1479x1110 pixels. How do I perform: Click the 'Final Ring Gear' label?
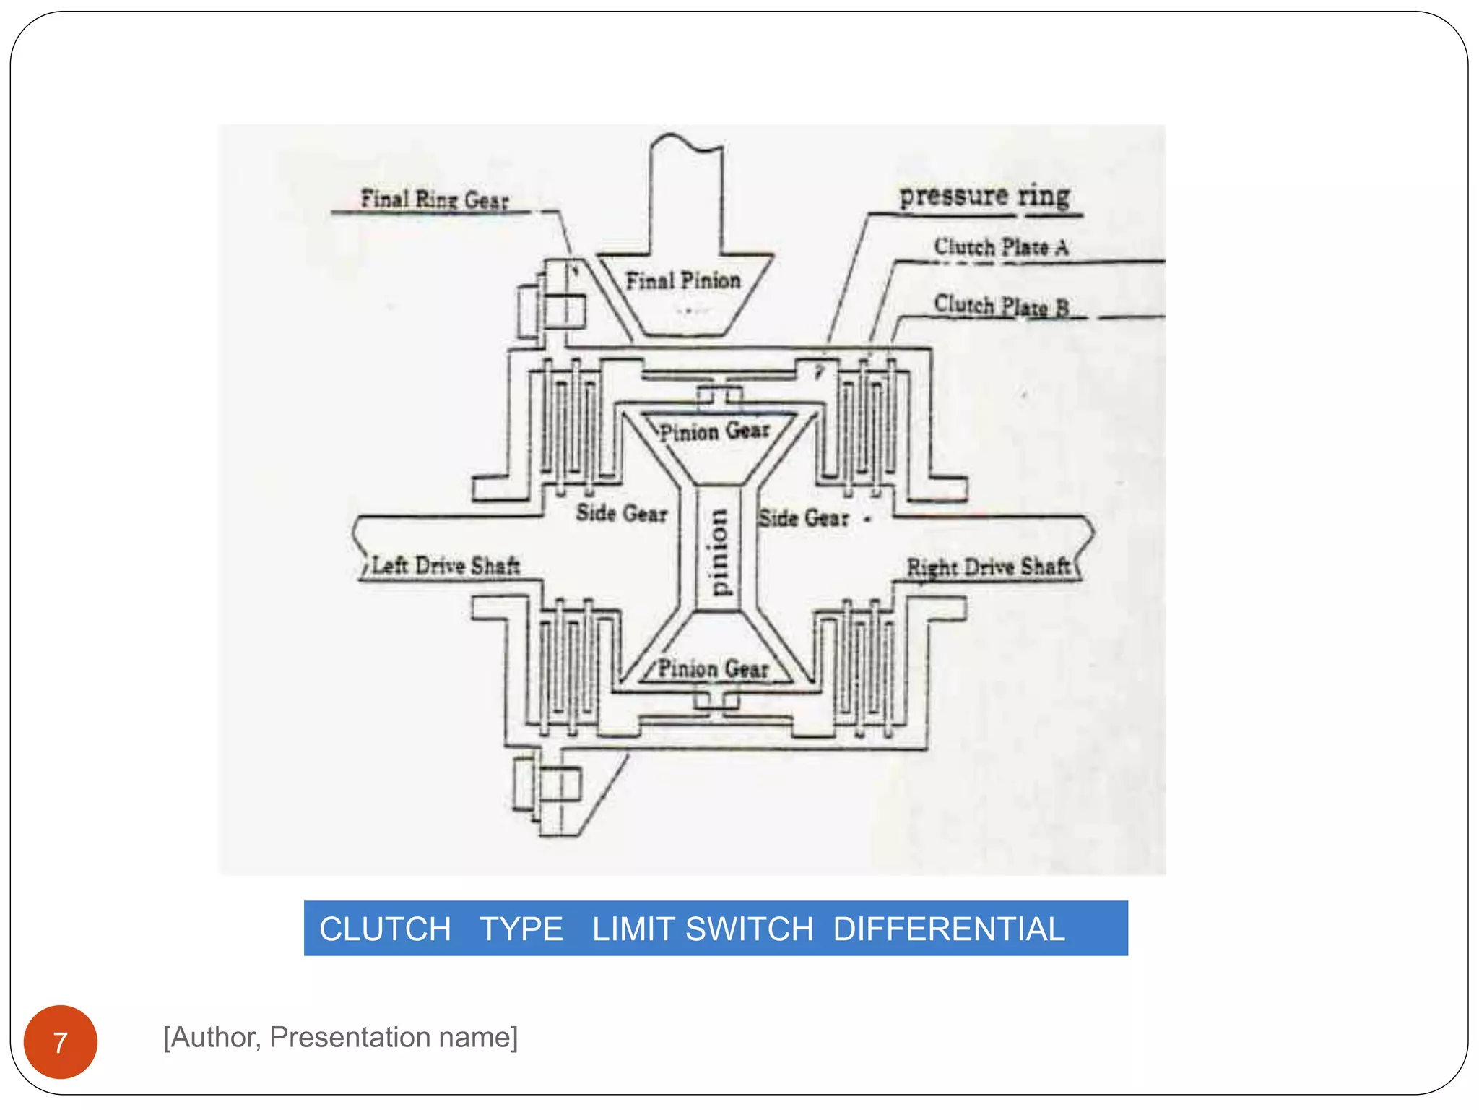pos(435,199)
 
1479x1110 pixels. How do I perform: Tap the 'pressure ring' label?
pos(984,196)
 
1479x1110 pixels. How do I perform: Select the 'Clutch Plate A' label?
pos(1001,247)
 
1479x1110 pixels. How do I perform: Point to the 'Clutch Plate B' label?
pos(1001,306)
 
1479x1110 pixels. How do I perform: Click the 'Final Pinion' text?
pos(683,280)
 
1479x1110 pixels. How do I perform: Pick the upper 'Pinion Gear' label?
pos(714,431)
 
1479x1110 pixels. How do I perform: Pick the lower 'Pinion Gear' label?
pos(713,668)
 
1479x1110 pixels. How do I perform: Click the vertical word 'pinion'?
pos(718,552)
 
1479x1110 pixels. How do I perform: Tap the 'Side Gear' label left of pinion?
pos(621,513)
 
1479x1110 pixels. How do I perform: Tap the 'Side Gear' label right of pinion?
pos(803,518)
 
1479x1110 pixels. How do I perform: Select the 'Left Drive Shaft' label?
pos(446,565)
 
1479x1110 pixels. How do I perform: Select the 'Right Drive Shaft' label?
pos(988,567)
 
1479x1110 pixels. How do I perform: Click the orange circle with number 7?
pos(61,1041)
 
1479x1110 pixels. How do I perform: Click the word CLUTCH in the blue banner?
pos(385,929)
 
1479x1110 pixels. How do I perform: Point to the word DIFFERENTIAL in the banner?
pos(949,929)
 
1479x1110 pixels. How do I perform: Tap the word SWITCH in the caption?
pos(749,929)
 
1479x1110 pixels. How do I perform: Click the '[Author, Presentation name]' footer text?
pos(340,1037)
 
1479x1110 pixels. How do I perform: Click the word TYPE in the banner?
pos(521,929)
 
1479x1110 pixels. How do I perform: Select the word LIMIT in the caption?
pos(634,929)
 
